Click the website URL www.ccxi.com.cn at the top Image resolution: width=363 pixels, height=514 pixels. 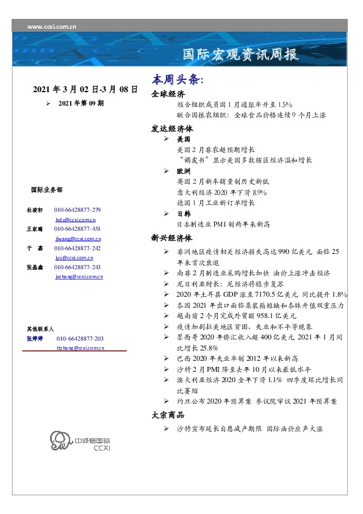[x=52, y=26]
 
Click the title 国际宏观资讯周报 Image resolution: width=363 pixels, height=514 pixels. [x=241, y=55]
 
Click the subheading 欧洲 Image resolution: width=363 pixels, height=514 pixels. [x=184, y=171]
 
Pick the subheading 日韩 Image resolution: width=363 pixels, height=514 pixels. [x=184, y=214]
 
